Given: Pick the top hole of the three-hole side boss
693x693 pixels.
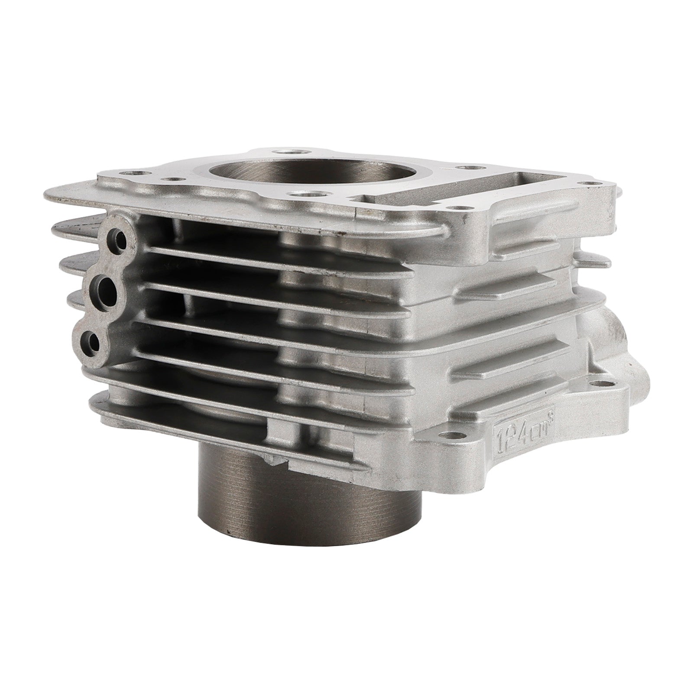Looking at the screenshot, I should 117,236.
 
